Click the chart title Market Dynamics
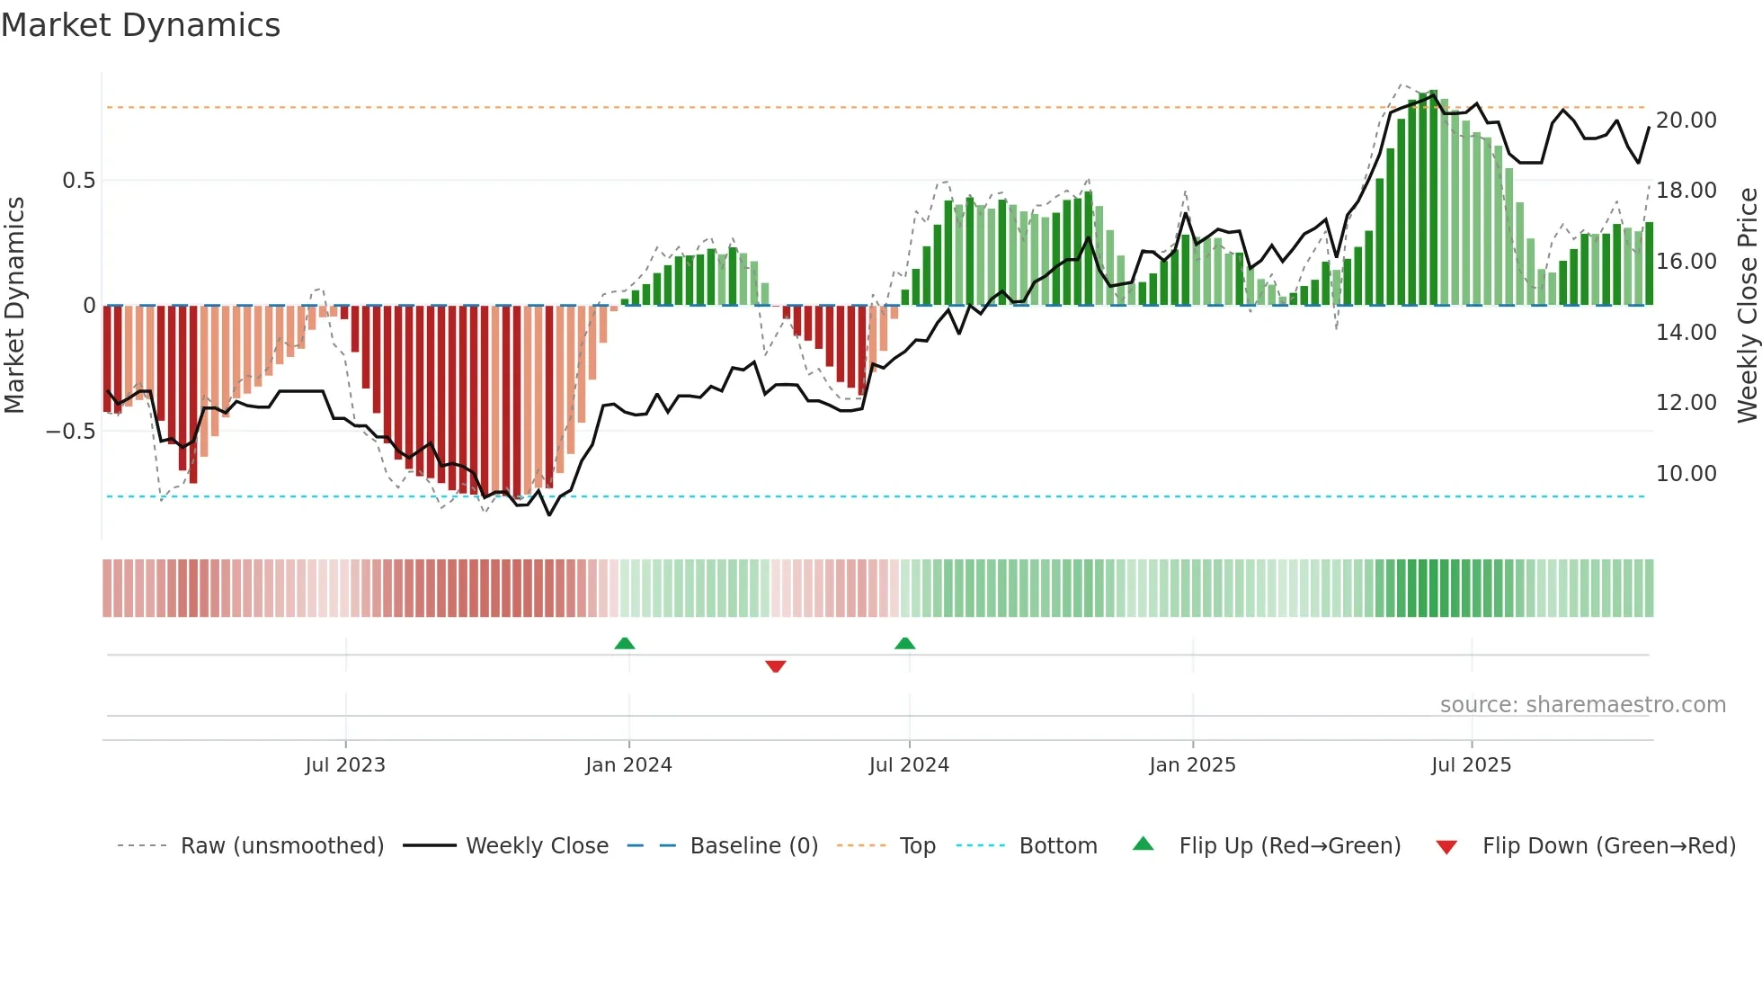pos(140,25)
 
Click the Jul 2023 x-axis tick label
pos(345,764)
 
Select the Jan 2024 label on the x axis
pos(628,764)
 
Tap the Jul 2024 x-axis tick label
pos(909,764)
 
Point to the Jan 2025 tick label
pos(1192,764)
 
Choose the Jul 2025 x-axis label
pos(1471,764)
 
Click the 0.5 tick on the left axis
pos(78,181)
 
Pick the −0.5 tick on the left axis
pos(70,432)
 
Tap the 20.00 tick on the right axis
pos(1686,121)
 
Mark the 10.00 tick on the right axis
pos(1686,474)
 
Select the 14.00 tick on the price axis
pos(1686,333)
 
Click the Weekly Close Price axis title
pos(1747,305)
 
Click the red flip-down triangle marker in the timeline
pos(776,666)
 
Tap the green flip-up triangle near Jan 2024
pos(625,643)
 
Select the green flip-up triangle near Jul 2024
pos(905,643)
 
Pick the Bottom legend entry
pos(1057,846)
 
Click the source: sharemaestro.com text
pos(1582,705)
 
